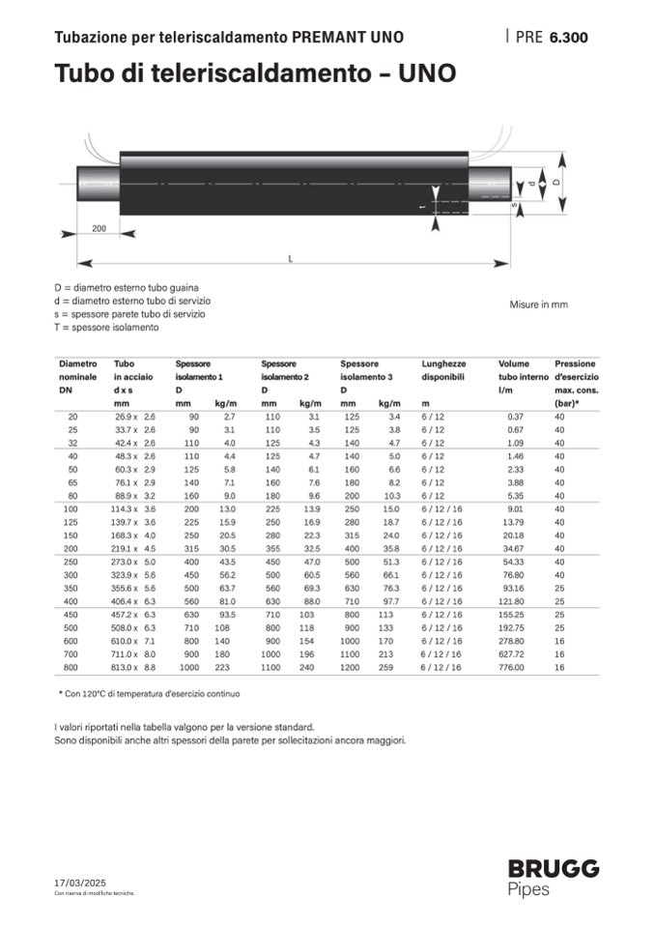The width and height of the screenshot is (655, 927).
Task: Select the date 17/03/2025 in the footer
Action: (x=80, y=884)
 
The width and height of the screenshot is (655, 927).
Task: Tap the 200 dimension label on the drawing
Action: (x=99, y=228)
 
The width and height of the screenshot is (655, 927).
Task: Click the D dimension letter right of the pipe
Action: (x=556, y=181)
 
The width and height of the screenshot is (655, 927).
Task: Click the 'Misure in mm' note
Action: (x=538, y=304)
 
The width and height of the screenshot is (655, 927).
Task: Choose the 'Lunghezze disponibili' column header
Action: (x=443, y=369)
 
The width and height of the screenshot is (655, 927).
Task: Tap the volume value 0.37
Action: (x=515, y=415)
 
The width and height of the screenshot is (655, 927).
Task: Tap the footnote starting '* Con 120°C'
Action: (x=148, y=693)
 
